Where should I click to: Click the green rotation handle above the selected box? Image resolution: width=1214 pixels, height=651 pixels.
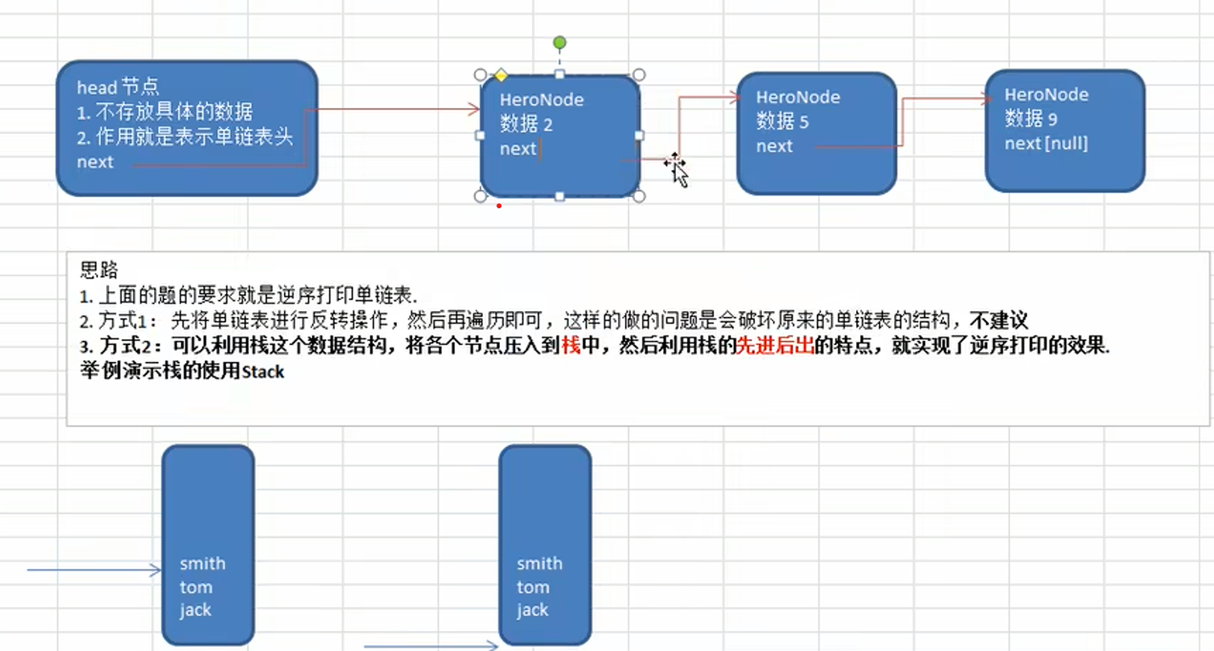(x=559, y=42)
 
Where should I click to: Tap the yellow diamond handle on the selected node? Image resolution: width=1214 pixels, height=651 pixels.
(x=501, y=76)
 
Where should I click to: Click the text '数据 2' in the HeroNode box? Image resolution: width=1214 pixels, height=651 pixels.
(x=526, y=124)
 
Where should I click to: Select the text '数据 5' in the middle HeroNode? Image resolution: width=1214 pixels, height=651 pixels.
(x=782, y=122)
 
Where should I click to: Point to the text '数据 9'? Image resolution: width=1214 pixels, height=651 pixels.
(x=1030, y=119)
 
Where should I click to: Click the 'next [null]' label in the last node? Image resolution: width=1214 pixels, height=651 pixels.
(x=1046, y=144)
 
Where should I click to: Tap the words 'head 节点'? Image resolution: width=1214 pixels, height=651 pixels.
(x=117, y=87)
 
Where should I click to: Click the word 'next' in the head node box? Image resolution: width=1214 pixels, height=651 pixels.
(x=94, y=161)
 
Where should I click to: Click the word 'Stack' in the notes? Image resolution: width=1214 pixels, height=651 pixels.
(x=263, y=372)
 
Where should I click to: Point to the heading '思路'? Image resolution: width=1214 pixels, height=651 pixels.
(x=96, y=270)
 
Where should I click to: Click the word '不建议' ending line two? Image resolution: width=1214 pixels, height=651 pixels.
(x=999, y=321)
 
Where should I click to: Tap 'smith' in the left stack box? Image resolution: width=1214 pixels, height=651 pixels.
(x=202, y=563)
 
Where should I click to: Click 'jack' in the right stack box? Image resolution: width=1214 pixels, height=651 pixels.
(x=532, y=609)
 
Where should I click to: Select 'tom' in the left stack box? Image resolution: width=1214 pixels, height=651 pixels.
(x=196, y=587)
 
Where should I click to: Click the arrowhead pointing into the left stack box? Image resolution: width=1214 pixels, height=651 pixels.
(x=156, y=570)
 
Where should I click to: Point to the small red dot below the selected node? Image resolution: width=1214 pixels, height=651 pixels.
(x=498, y=206)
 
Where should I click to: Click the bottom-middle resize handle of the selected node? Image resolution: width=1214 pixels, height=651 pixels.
(x=559, y=196)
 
